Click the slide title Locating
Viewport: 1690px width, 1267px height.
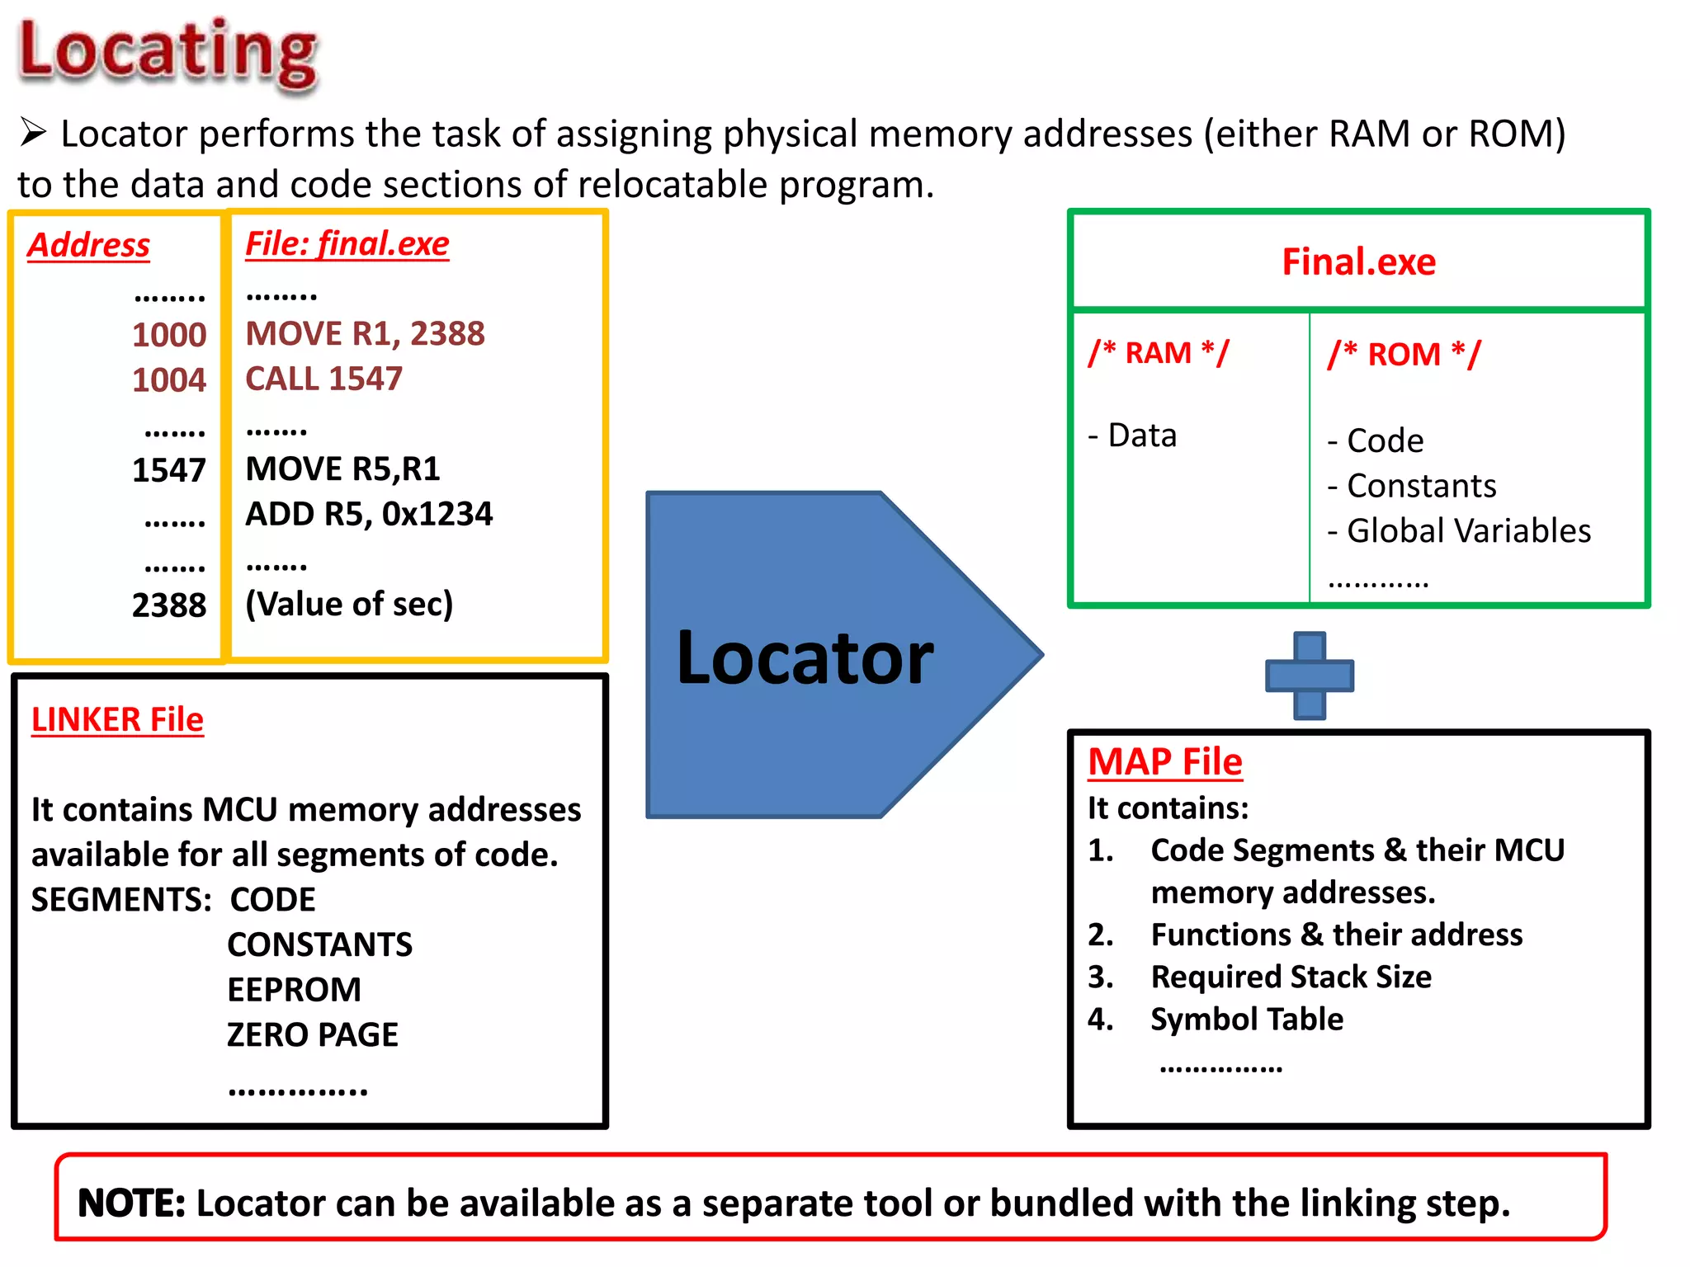[x=168, y=54]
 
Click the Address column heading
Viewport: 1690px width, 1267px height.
[x=88, y=245]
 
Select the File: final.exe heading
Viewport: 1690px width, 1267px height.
[x=347, y=244]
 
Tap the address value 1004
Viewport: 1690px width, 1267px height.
[x=168, y=380]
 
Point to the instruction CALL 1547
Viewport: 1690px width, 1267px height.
[x=323, y=379]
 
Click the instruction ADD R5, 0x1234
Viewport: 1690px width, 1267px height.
[x=369, y=515]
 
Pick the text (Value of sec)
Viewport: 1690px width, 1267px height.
[x=349, y=605]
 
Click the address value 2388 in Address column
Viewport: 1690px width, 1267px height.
[x=168, y=605]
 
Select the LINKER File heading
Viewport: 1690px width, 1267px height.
[x=117, y=720]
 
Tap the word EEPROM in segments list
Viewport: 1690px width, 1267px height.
[x=294, y=990]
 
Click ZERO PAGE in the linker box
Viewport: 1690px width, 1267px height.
[x=312, y=1035]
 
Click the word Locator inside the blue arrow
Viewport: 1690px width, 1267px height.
[x=805, y=658]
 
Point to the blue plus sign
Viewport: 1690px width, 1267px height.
[x=1310, y=676]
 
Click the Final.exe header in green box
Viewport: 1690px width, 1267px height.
[x=1358, y=262]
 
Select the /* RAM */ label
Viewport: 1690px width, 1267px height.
[x=1158, y=353]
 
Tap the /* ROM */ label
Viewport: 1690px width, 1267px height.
[x=1404, y=355]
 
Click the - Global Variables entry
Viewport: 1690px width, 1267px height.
[x=1459, y=531]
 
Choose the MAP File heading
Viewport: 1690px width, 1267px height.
[x=1164, y=762]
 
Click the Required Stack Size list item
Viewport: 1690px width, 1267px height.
[x=1291, y=977]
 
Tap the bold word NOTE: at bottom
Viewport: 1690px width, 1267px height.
[x=131, y=1203]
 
